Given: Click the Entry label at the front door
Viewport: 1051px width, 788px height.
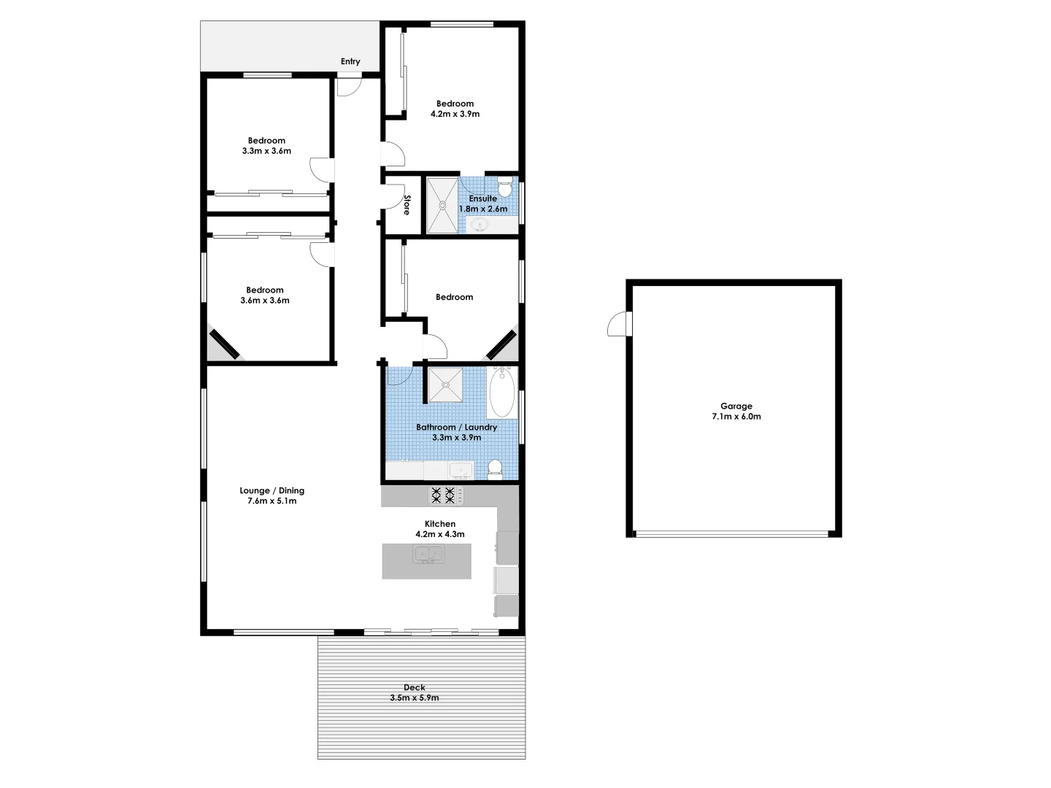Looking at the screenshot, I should pos(350,61).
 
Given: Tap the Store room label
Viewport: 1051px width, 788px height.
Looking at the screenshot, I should pos(407,205).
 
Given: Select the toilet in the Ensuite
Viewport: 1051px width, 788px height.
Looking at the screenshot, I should pos(504,188).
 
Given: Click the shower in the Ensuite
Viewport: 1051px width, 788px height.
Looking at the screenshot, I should pos(442,205).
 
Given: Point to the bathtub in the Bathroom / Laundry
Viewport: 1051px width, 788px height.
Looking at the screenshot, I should pos(501,391).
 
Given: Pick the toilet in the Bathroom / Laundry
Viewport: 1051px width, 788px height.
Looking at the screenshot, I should pos(495,468).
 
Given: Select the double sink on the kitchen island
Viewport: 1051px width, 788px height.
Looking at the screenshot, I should pos(429,555).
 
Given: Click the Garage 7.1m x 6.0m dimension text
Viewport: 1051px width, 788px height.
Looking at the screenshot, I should pos(736,417).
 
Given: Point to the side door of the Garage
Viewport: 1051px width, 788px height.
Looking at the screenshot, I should pos(619,324).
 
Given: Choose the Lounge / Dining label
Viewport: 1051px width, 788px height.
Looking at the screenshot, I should pos(272,490).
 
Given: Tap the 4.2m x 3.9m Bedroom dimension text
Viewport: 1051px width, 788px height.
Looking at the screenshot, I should pos(455,114).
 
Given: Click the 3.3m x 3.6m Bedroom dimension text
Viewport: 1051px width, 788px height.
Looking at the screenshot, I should pos(266,151).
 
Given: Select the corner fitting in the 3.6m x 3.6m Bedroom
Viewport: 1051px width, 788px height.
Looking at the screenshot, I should pos(223,344).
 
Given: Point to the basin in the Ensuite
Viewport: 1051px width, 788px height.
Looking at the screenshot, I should pos(480,225).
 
